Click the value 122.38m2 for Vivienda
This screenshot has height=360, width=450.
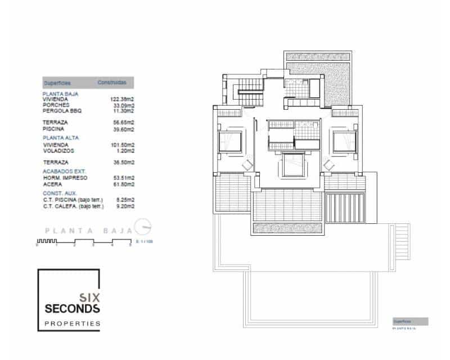click(x=122, y=100)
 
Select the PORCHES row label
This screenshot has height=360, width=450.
click(x=56, y=105)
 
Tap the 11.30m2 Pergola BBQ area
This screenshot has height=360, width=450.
click(x=124, y=111)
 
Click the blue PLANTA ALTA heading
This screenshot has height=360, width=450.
click(x=61, y=137)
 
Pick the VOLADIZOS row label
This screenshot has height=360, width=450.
click(x=58, y=150)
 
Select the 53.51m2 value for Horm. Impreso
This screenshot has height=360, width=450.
click(x=124, y=177)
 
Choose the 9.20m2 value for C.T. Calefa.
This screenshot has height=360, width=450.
click(x=125, y=206)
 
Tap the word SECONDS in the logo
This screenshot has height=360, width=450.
click(x=72, y=309)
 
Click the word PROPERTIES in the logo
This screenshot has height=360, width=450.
click(x=72, y=323)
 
